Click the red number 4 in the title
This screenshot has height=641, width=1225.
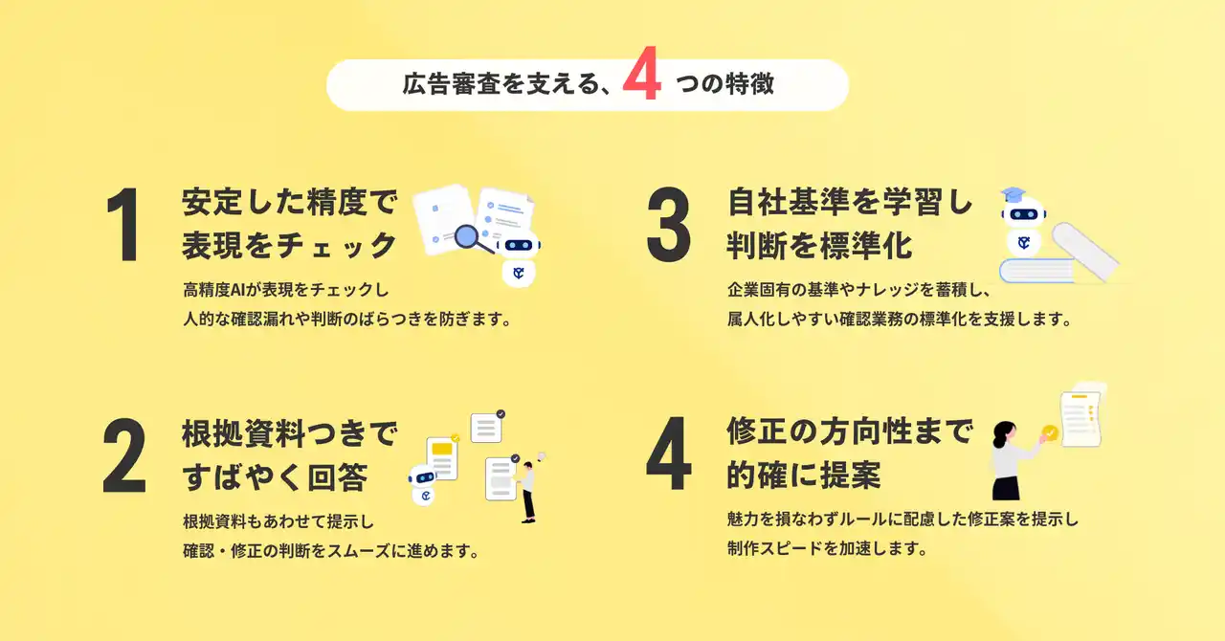pyautogui.click(x=642, y=73)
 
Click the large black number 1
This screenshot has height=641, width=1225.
pyautogui.click(x=124, y=224)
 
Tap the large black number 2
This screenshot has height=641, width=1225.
pyautogui.click(x=124, y=455)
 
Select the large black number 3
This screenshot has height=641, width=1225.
pyautogui.click(x=669, y=224)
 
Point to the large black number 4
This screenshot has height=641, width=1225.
pyautogui.click(x=669, y=453)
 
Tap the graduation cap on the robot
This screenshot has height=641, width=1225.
pyautogui.click(x=1013, y=194)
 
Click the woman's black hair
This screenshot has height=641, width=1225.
pyautogui.click(x=1003, y=435)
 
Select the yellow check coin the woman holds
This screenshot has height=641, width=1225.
pyautogui.click(x=1050, y=433)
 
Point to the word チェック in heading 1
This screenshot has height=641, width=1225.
pyautogui.click(x=336, y=245)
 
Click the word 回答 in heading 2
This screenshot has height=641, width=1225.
pyautogui.click(x=338, y=476)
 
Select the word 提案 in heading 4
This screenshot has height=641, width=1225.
pyautogui.click(x=851, y=475)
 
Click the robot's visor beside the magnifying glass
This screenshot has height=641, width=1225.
pyautogui.click(x=519, y=245)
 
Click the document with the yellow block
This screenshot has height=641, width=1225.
pyautogui.click(x=442, y=458)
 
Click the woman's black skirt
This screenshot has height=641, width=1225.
pyautogui.click(x=1006, y=488)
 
